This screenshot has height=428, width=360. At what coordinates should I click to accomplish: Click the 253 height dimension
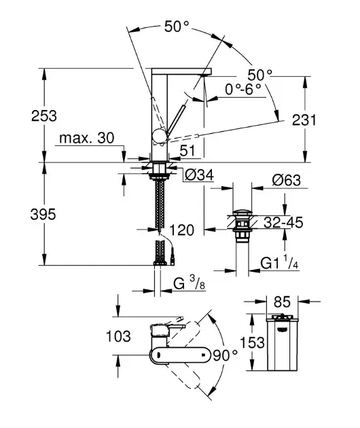click(44, 115)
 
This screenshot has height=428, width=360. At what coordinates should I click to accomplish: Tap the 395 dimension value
click(43, 214)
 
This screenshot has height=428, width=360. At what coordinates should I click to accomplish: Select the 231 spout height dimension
click(304, 120)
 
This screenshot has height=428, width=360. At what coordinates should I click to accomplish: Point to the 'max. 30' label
click(86, 138)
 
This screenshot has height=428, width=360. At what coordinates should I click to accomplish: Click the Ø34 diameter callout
click(199, 175)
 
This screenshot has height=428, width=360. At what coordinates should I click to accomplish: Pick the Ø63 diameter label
click(287, 180)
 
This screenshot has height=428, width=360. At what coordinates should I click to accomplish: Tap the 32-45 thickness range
click(283, 222)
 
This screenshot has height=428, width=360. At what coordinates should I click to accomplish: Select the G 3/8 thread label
click(189, 283)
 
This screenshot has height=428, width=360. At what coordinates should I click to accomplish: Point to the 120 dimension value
click(182, 230)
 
